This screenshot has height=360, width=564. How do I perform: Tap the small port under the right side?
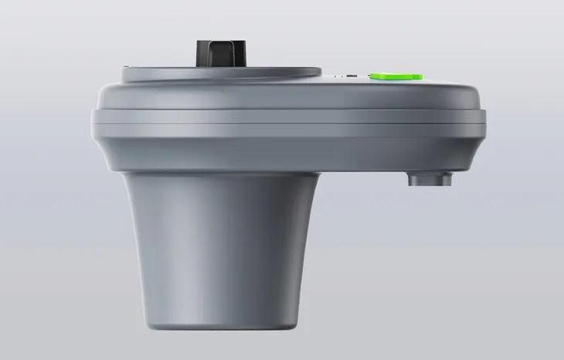(430, 179)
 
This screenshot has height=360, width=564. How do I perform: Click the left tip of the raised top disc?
(124, 71)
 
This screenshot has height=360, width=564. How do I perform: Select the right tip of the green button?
(421, 76)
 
